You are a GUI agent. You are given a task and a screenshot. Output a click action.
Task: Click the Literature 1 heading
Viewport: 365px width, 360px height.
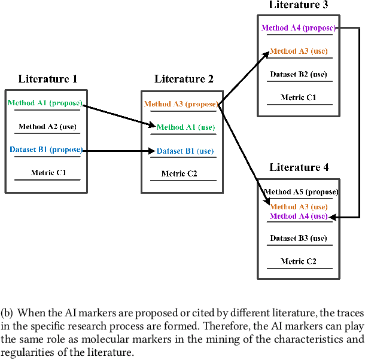pos(47,79)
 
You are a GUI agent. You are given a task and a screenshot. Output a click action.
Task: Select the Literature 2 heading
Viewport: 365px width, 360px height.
pos(184,79)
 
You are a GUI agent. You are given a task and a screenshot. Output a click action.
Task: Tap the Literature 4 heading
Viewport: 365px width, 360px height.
pos(299,167)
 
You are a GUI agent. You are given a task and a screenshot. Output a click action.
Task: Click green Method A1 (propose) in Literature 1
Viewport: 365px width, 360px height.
pos(45,103)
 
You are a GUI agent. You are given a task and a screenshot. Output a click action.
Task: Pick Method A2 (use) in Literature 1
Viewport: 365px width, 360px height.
pos(47,126)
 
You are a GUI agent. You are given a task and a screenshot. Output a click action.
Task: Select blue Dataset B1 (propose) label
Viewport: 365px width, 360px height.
pos(46,149)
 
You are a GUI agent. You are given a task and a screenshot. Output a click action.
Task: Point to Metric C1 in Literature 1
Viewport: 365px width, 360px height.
pos(48,173)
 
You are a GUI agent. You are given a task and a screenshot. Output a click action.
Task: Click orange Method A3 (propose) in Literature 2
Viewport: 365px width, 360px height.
pos(181,104)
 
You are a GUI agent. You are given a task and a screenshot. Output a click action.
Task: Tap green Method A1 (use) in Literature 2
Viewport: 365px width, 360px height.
pos(185,127)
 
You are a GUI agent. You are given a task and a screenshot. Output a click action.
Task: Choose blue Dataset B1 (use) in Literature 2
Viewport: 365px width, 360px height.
pos(185,151)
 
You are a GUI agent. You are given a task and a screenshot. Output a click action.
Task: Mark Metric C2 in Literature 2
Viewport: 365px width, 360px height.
pos(179,174)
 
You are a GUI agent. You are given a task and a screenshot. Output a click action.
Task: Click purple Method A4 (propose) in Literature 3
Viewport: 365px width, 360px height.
pos(299,28)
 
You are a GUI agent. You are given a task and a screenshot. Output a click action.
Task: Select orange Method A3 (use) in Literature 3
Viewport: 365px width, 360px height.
pos(299,51)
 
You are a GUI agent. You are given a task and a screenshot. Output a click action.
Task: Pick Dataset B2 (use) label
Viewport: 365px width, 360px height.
pos(299,74)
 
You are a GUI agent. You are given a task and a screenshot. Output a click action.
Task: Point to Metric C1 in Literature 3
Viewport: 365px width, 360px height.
pos(299,97)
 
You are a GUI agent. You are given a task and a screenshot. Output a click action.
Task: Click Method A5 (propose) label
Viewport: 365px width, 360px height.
pos(301,192)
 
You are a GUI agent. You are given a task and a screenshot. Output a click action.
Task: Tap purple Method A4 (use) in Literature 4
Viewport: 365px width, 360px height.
pos(299,216)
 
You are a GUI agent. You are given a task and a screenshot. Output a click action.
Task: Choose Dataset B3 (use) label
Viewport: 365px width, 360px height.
pos(299,238)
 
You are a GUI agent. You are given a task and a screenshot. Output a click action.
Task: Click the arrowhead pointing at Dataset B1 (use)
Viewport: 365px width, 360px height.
pos(153,152)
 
